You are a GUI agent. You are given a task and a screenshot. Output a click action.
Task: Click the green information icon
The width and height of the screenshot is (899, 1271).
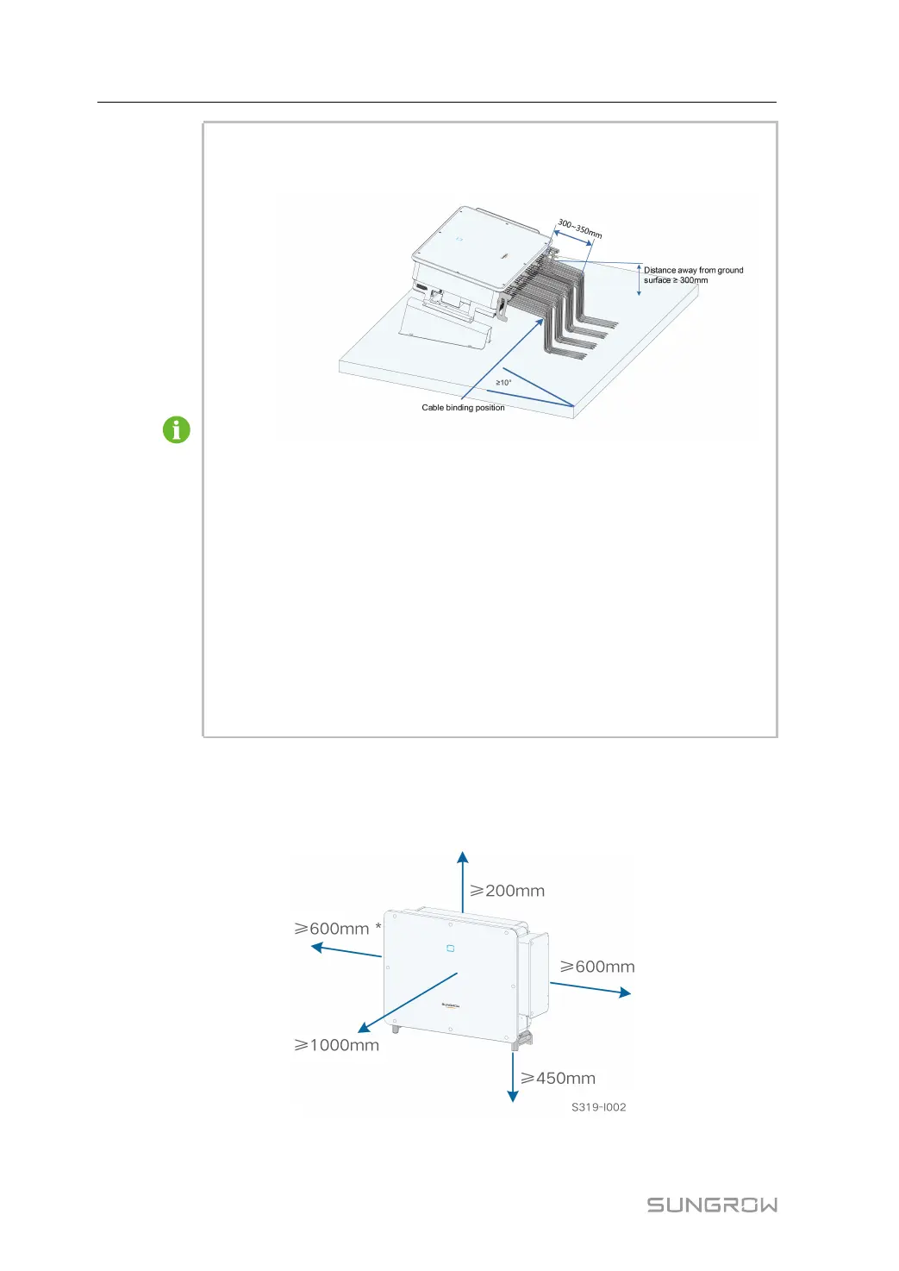(x=177, y=429)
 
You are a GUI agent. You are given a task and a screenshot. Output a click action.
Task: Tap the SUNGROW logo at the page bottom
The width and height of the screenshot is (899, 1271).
(x=712, y=1205)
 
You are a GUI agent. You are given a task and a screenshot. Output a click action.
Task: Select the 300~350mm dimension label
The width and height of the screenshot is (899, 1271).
(x=579, y=229)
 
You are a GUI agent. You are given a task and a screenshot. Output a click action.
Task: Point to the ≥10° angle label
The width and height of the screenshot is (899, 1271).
(x=503, y=382)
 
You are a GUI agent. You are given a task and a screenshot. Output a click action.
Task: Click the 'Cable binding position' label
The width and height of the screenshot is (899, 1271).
(x=463, y=408)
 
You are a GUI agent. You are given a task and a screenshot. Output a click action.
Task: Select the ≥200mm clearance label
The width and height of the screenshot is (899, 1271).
(x=507, y=891)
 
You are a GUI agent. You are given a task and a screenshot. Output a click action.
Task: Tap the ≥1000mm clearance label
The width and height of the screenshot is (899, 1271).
(x=337, y=1045)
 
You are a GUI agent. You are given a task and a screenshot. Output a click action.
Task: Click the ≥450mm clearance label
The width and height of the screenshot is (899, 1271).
(x=558, y=1078)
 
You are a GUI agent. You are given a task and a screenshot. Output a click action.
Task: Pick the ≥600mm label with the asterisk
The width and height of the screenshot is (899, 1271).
(x=333, y=929)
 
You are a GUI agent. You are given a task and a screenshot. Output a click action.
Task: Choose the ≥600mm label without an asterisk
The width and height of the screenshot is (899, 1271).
(x=597, y=967)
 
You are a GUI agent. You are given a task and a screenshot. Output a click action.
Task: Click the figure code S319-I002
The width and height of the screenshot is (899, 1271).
(x=598, y=1107)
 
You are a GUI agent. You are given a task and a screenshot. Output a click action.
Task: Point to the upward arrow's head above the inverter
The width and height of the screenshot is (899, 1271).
(x=463, y=857)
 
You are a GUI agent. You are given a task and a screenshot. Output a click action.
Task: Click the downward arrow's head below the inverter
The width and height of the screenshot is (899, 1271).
(x=513, y=1096)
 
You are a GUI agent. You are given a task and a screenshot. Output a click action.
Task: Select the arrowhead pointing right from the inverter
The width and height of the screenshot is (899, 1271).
(x=625, y=993)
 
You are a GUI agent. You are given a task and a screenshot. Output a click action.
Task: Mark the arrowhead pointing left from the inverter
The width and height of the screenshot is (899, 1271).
(x=316, y=947)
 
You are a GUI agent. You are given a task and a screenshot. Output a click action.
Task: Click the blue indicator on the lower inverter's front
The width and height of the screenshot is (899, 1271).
(x=450, y=949)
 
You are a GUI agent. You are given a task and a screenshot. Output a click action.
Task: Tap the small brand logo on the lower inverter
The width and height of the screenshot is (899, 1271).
(x=450, y=1005)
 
